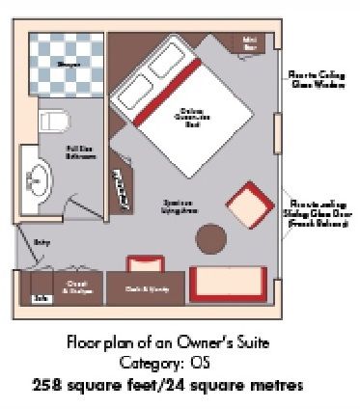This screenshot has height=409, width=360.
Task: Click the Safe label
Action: coord(41,299)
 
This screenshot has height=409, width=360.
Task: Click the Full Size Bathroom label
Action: coord(80,153)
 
